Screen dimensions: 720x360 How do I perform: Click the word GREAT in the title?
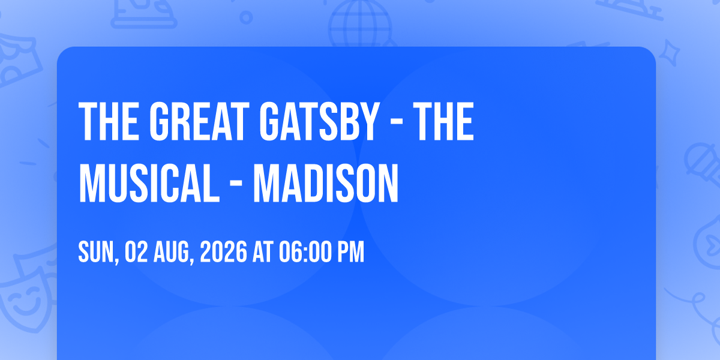(x=199, y=121)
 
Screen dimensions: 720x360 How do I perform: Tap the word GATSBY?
(x=319, y=121)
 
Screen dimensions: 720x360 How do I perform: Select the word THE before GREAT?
(x=109, y=121)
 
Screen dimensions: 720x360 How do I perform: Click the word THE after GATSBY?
(x=443, y=121)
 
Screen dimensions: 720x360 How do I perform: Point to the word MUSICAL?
(x=149, y=183)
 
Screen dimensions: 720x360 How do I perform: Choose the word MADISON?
(x=326, y=183)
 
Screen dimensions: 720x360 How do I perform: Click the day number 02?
(x=136, y=252)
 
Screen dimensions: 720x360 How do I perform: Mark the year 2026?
(x=223, y=252)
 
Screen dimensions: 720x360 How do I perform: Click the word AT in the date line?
(x=263, y=252)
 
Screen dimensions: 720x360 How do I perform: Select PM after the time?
(x=350, y=252)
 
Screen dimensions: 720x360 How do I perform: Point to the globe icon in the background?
(x=360, y=24)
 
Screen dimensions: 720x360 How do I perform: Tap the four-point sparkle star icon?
(x=669, y=53)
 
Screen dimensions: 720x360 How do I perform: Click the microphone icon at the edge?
(x=703, y=164)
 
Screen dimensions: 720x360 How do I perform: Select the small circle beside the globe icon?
(x=246, y=17)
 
